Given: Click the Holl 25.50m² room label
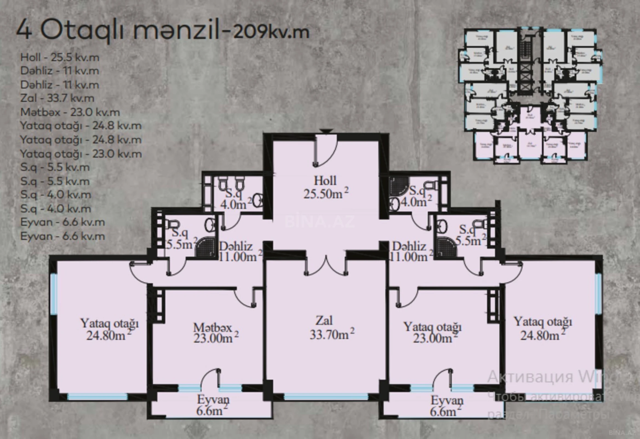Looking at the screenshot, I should (325, 188).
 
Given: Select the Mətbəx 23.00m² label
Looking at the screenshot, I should (216, 333).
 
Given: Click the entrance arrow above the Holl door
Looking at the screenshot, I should (325, 132).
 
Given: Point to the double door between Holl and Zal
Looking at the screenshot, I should (326, 266).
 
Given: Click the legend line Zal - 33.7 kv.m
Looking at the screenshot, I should (57, 98).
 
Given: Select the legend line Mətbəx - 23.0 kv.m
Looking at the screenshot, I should (70, 112).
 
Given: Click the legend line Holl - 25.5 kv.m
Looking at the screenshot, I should (60, 57).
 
